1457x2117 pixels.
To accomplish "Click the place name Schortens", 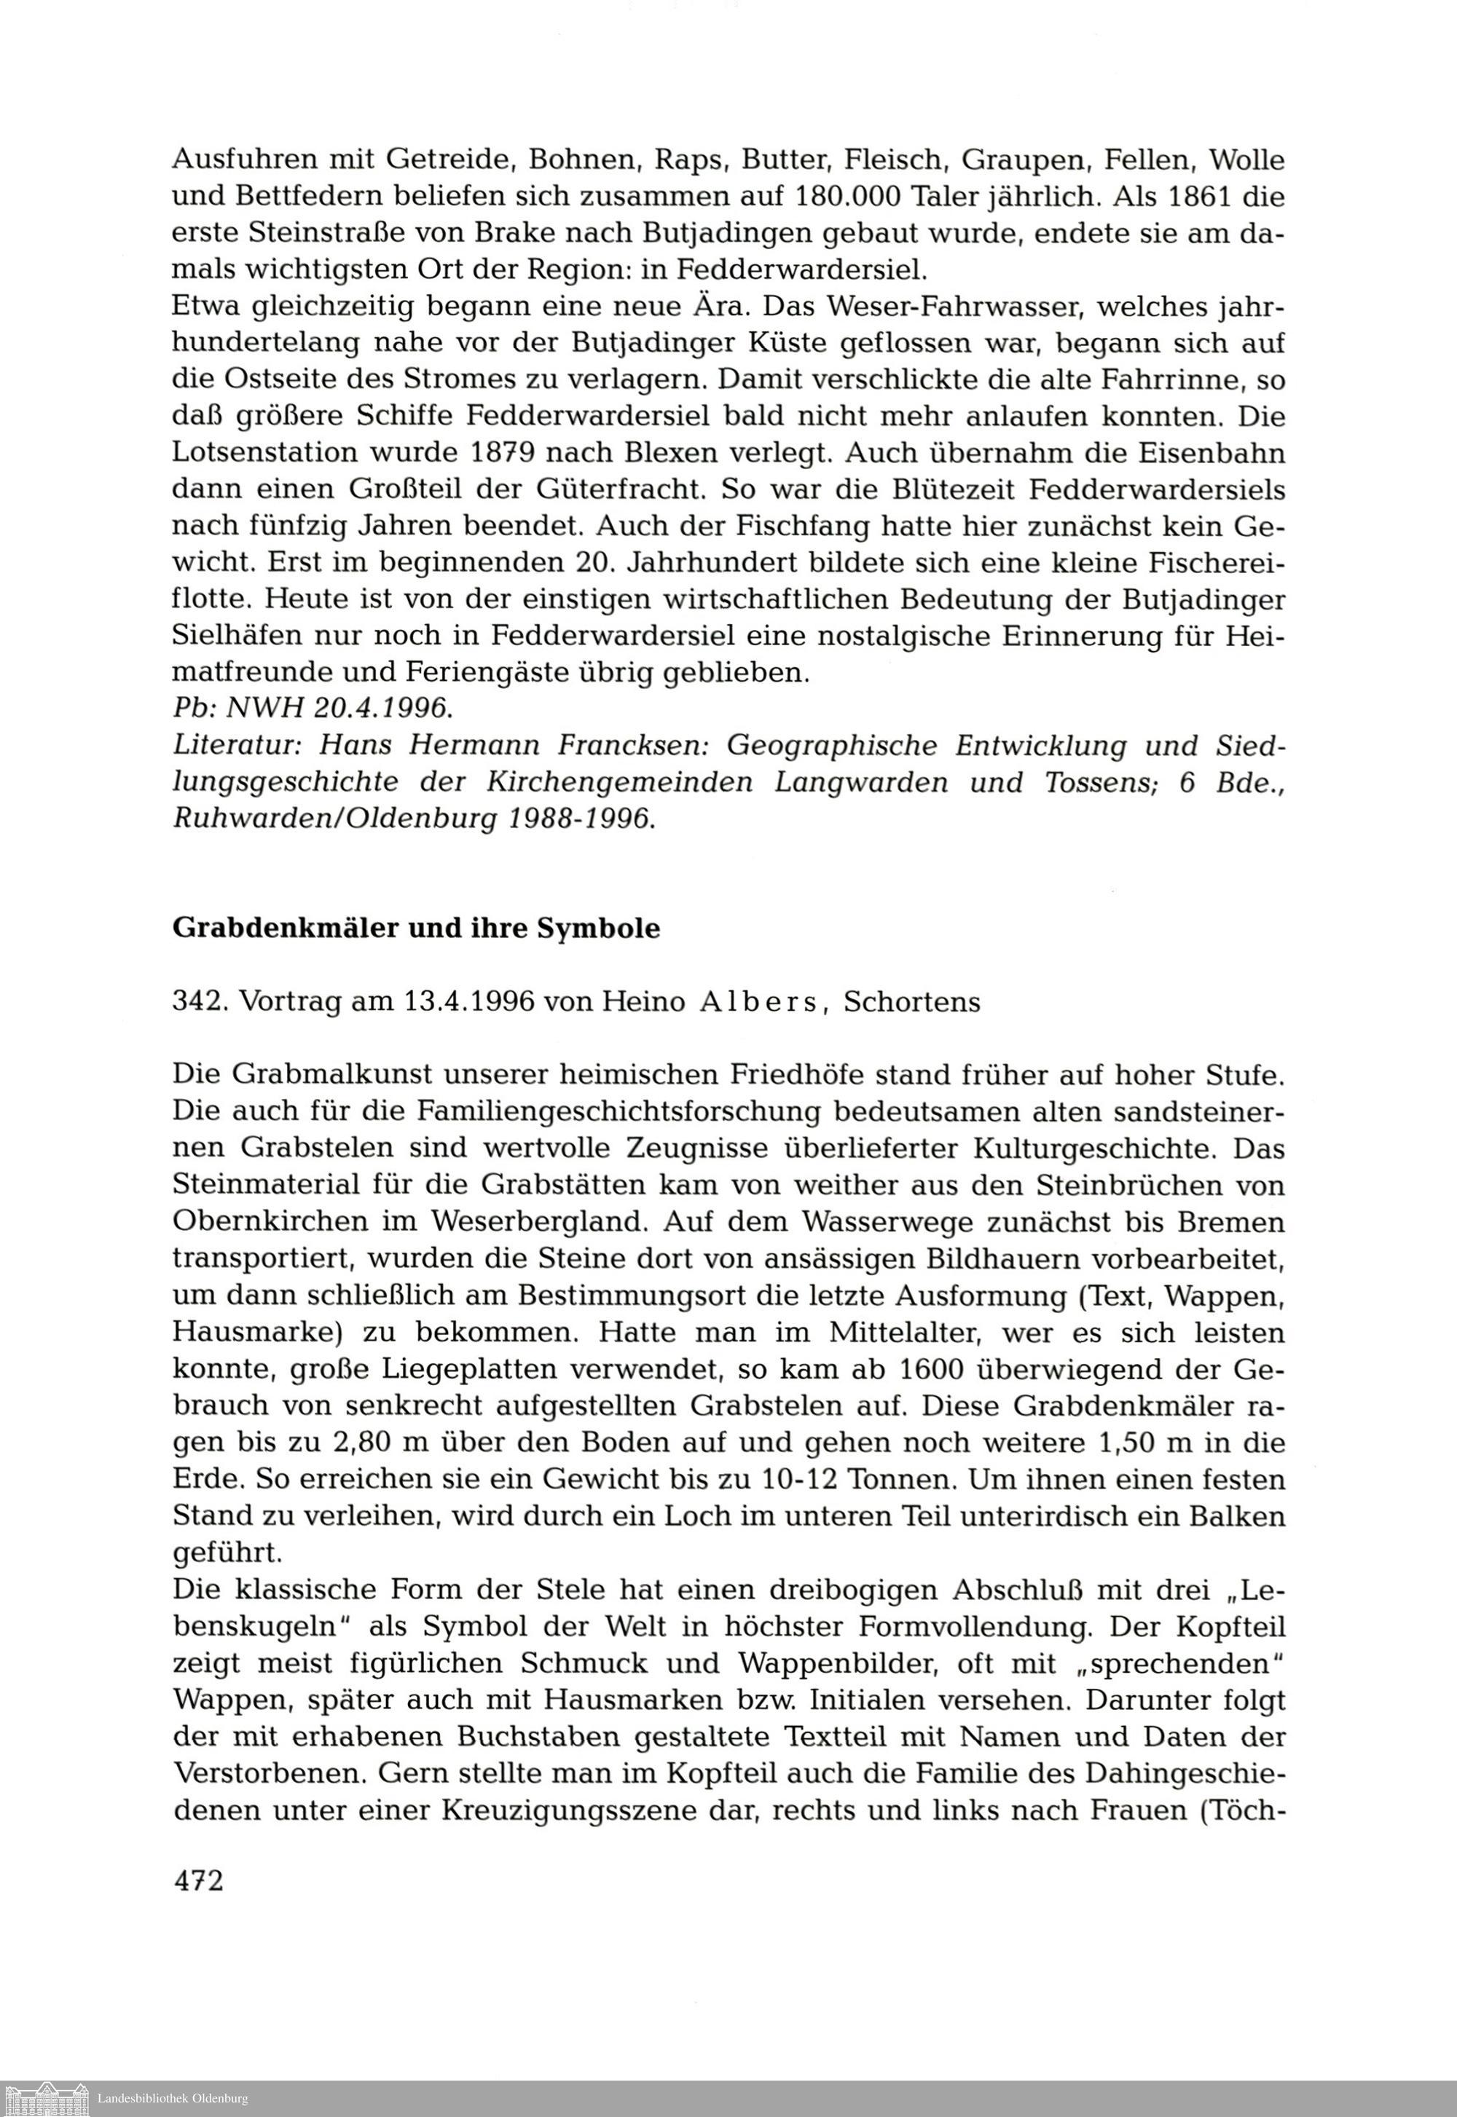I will pyautogui.click(x=912, y=1002).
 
